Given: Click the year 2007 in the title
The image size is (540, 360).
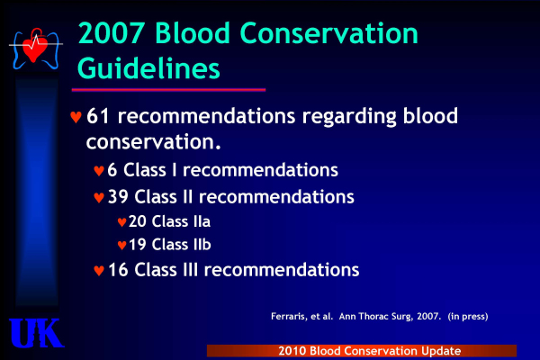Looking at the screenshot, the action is click(112, 33).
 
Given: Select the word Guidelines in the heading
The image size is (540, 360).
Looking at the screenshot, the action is click(148, 69).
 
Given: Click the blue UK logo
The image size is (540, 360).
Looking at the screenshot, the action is click(36, 333).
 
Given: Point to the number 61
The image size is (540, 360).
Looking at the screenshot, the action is click(98, 116).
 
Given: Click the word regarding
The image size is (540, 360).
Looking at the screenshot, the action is click(348, 117).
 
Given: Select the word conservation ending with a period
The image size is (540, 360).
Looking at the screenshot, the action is click(154, 141).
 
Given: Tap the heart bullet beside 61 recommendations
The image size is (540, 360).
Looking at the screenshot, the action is click(76, 117).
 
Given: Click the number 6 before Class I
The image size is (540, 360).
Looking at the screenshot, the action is click(112, 170).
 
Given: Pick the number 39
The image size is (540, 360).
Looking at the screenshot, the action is click(118, 197).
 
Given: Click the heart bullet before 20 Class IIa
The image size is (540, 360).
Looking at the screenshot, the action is click(121, 222).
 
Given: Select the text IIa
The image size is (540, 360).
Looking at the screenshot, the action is click(202, 221).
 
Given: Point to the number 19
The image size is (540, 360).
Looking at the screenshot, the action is click(138, 245).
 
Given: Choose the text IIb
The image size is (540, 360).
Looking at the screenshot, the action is click(202, 244).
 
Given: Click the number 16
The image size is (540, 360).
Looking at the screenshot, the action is click(118, 270).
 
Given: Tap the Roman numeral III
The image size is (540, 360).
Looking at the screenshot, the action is click(191, 269).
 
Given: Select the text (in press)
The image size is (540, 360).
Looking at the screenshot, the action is click(468, 317).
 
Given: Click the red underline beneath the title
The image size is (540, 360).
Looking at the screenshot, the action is click(168, 90).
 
